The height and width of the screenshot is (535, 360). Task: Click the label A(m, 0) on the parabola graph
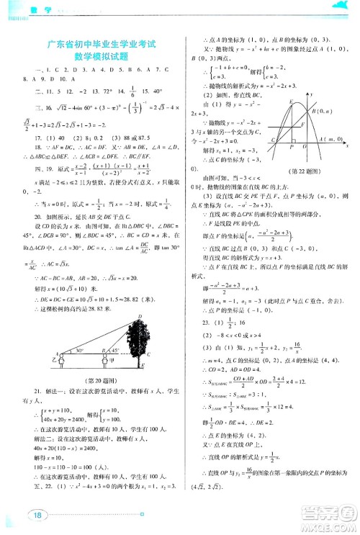click(334, 138)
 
